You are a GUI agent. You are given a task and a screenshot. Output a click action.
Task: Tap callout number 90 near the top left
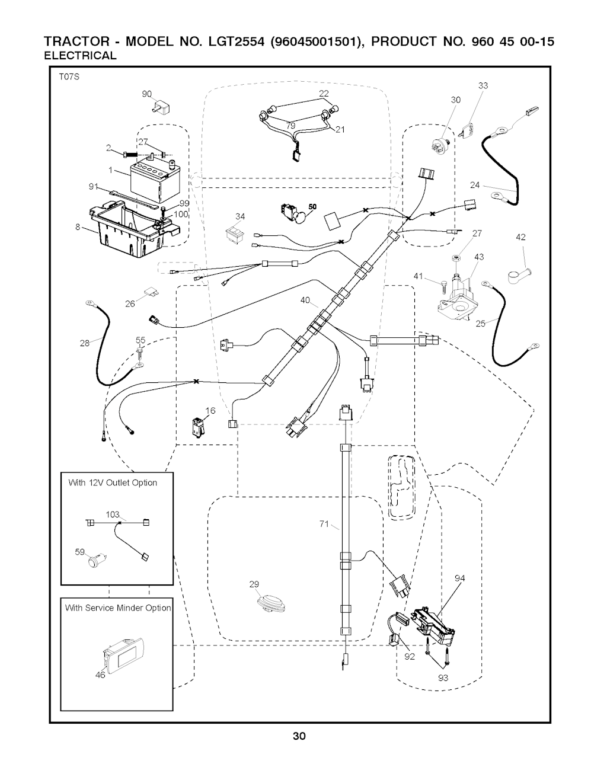point(146,94)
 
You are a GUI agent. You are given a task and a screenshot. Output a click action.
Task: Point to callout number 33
point(483,86)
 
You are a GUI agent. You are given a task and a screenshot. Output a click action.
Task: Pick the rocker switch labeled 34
point(235,234)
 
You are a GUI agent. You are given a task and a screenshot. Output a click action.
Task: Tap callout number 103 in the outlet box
point(112,514)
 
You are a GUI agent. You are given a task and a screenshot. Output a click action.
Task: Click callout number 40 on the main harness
point(305,301)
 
